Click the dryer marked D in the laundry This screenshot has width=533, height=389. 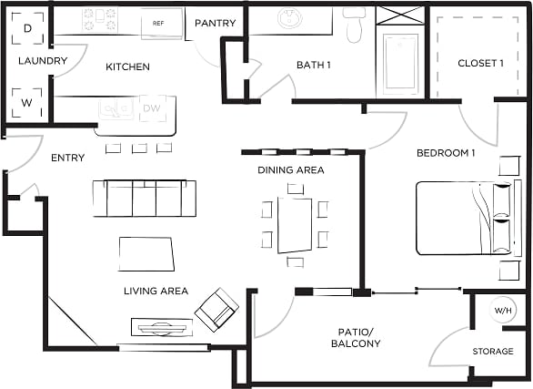pyautogui.click(x=27, y=29)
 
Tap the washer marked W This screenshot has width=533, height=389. pyautogui.click(x=27, y=103)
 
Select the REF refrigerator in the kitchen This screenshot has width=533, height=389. pyautogui.click(x=158, y=23)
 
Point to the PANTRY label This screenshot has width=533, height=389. pyautogui.click(x=216, y=23)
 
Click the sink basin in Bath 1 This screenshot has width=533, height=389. pyautogui.click(x=290, y=19)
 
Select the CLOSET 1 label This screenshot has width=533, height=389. pyautogui.click(x=481, y=64)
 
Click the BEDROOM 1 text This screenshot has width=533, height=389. pyautogui.click(x=446, y=153)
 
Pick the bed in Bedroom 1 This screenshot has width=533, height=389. pyautogui.click(x=462, y=218)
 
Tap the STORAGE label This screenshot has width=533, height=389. pyautogui.click(x=492, y=352)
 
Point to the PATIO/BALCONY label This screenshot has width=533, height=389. pyautogui.click(x=355, y=336)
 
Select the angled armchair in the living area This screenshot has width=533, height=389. pyautogui.click(x=216, y=309)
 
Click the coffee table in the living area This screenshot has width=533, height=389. pyautogui.click(x=146, y=253)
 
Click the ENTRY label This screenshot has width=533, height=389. pyautogui.click(x=68, y=158)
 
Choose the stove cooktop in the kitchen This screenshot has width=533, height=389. pyautogui.click(x=99, y=18)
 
